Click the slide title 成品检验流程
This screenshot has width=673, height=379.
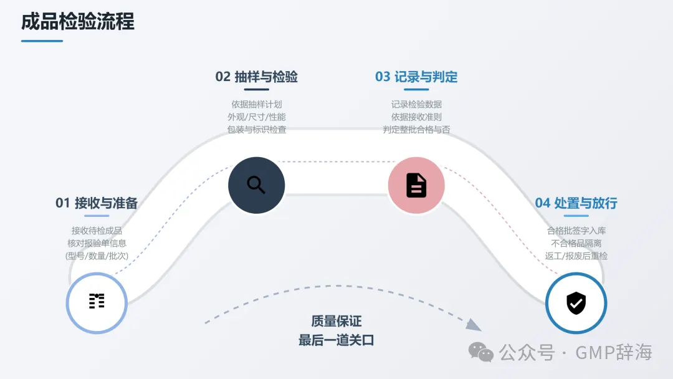(78, 22)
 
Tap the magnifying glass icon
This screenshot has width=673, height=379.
(256, 185)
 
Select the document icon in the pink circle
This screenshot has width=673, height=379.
(416, 185)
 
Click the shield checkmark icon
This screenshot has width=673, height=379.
(576, 303)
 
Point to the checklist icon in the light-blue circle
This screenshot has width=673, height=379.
(97, 301)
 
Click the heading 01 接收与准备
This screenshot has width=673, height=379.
(97, 203)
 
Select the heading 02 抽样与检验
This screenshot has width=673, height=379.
(256, 77)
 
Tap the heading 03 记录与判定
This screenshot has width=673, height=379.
(416, 77)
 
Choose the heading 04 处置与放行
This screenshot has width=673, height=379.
(576, 203)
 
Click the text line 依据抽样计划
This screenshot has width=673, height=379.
(256, 104)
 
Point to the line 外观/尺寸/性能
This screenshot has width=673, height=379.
(256, 117)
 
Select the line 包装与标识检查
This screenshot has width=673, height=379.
(256, 130)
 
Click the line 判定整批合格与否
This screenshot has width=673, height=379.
(416, 130)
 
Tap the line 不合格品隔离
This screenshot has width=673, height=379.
(576, 243)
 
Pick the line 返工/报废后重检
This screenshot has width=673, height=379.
(576, 256)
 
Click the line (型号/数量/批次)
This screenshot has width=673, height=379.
(97, 256)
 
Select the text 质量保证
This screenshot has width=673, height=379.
(336, 321)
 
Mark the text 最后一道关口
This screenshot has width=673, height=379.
(336, 340)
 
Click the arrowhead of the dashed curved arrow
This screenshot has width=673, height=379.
(474, 324)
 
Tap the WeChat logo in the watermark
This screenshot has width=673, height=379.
(481, 352)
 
